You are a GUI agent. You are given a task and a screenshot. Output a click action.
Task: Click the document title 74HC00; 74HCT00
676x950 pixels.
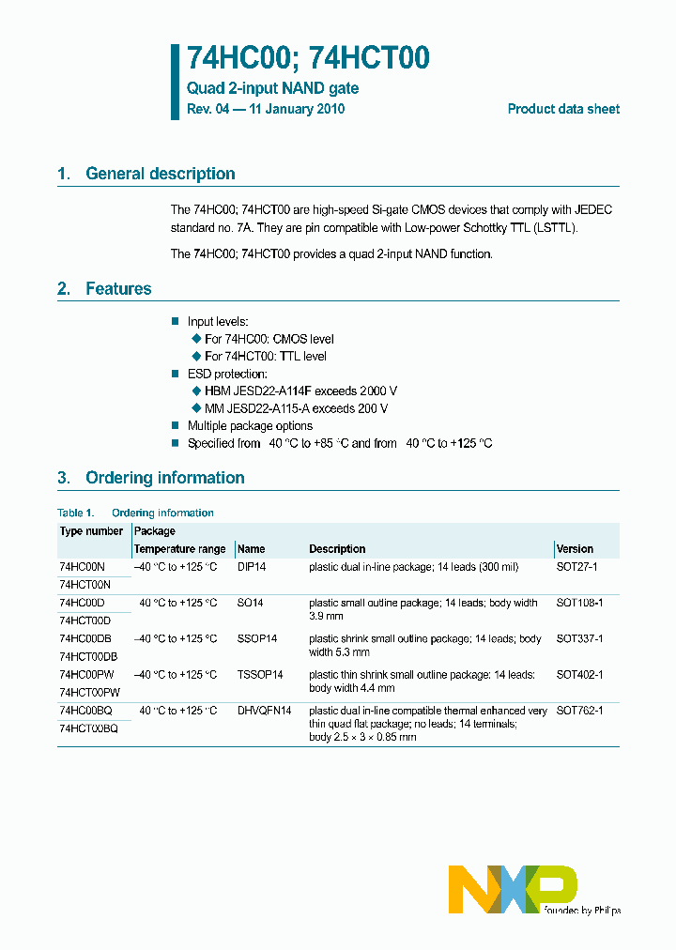tap(308, 58)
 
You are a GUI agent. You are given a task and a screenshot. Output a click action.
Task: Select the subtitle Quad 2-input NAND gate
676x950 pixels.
tap(272, 88)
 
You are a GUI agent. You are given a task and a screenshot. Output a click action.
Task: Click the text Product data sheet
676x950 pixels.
tap(563, 109)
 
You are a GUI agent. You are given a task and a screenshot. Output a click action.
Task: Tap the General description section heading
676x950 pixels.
tap(160, 174)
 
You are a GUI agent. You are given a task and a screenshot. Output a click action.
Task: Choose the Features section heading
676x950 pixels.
tap(118, 289)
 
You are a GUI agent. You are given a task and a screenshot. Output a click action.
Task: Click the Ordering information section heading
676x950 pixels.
tap(164, 478)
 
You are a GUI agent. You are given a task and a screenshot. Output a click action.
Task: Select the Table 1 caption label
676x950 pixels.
tap(76, 513)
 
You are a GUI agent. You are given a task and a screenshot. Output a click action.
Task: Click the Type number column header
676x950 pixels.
tap(91, 531)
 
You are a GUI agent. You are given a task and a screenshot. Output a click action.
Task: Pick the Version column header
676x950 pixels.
tap(575, 549)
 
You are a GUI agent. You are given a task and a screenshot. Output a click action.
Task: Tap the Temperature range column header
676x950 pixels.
tap(179, 549)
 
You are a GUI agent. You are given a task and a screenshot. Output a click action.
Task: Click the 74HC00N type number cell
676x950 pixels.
tap(82, 567)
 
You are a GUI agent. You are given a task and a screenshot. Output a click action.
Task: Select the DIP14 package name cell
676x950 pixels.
tap(252, 567)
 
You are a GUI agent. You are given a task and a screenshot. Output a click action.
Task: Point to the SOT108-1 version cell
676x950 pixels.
tap(579, 603)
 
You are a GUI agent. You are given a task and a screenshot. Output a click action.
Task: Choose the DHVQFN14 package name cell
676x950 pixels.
tap(264, 711)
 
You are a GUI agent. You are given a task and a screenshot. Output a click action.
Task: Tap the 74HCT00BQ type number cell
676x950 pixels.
tap(88, 728)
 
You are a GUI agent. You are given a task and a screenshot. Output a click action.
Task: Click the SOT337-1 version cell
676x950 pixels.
tap(579, 638)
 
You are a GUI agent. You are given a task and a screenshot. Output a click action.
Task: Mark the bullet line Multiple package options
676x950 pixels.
tap(250, 426)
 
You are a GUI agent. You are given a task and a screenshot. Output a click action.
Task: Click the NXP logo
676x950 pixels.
tap(512, 889)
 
